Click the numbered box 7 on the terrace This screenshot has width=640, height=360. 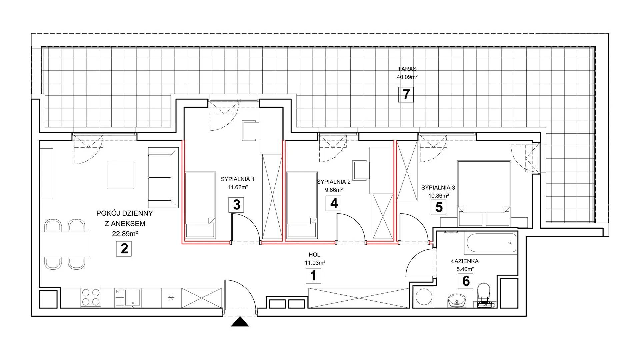[x=406, y=95]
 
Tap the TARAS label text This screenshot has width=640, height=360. [x=407, y=69]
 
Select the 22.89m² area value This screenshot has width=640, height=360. [x=125, y=234]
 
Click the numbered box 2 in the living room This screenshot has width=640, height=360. [x=124, y=249]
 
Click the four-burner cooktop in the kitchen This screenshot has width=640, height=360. [x=91, y=297]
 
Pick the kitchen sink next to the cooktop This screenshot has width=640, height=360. [x=128, y=297]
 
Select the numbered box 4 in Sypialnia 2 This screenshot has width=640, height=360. [x=334, y=203]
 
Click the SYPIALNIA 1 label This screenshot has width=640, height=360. [x=237, y=179]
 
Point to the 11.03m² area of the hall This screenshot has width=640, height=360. [x=315, y=263]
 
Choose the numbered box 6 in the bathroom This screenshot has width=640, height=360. [x=466, y=281]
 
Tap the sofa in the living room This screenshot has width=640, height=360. [x=163, y=178]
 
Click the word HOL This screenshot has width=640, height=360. [x=314, y=255]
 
